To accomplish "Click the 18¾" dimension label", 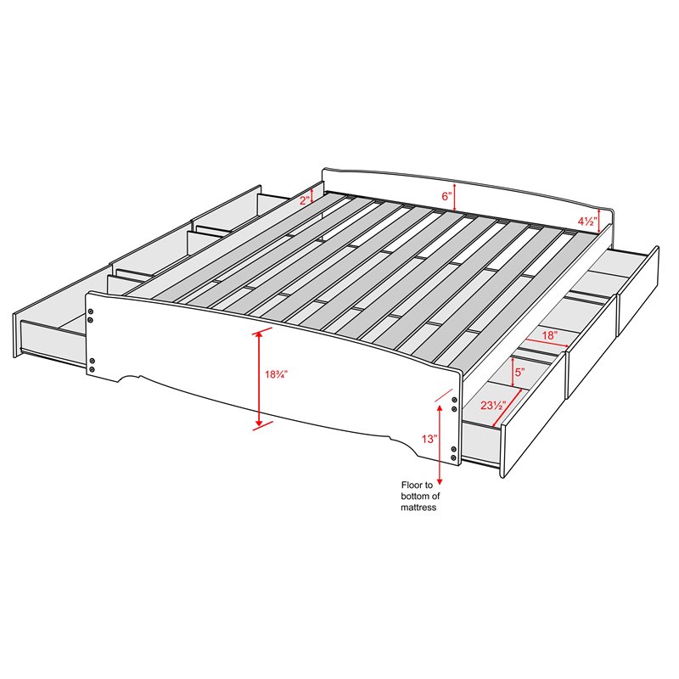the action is point(277,374).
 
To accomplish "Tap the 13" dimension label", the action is point(429,439).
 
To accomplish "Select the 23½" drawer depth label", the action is point(493,406).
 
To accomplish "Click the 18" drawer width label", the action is point(549,334).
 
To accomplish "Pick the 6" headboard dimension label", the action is point(447,196).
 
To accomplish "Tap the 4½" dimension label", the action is point(587,222).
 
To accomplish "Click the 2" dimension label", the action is point(305,200).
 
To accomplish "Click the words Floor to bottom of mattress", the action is point(418,497).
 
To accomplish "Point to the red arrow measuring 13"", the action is point(440,445).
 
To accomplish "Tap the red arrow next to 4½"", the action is point(599,221).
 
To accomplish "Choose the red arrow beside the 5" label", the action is point(513,372).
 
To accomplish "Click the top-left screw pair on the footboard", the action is point(91,315).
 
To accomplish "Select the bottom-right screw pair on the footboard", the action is point(454,453).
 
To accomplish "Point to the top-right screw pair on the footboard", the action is point(454,404).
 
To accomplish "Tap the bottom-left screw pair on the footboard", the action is point(92,365).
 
